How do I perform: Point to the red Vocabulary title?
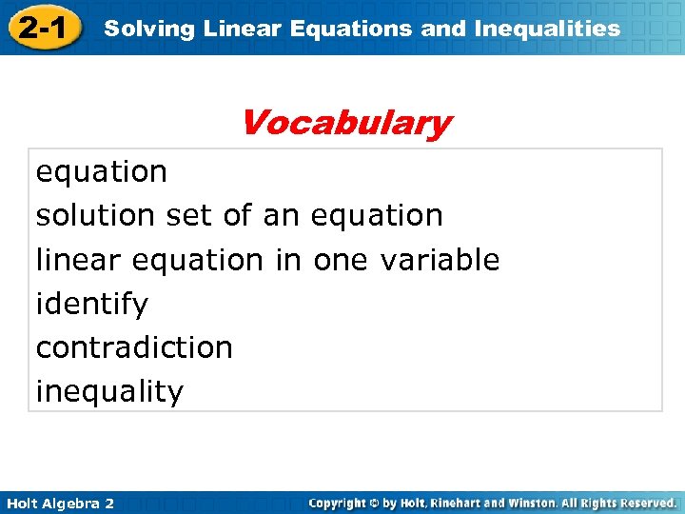click(344, 123)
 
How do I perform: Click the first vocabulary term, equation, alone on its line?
click(102, 172)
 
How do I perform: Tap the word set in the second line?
click(189, 216)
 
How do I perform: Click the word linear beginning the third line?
click(80, 260)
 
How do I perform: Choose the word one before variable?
click(343, 260)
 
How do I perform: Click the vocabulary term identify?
click(92, 305)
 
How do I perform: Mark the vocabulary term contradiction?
click(134, 347)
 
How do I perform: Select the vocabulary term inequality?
click(109, 391)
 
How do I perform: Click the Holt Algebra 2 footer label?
click(58, 503)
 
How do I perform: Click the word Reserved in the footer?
click(644, 503)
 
